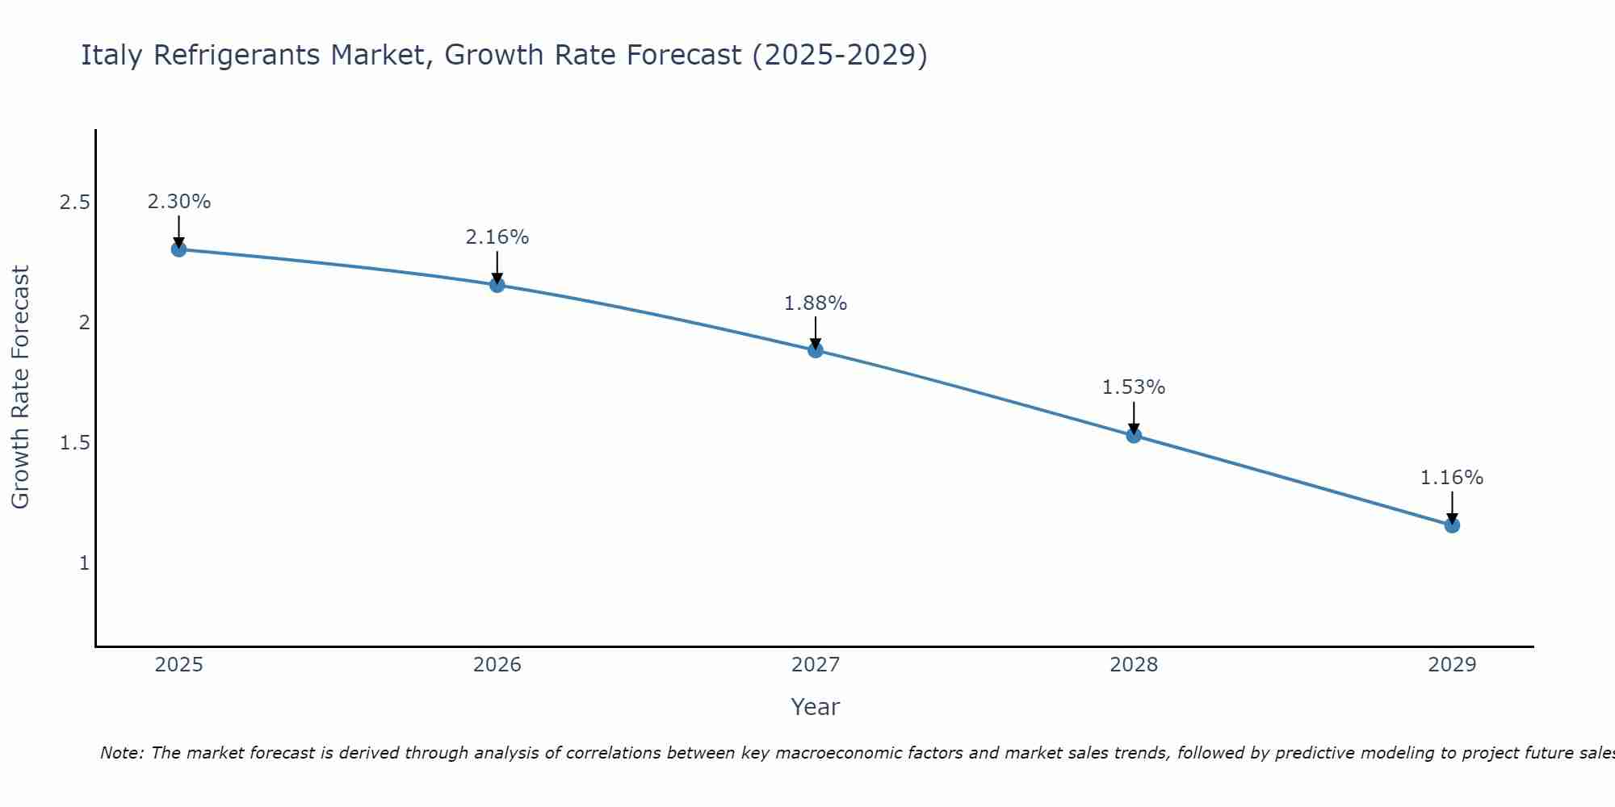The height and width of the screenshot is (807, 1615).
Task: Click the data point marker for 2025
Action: [x=178, y=249]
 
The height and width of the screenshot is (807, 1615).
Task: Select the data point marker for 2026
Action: [x=497, y=285]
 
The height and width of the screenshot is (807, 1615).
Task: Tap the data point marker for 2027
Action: [x=816, y=350]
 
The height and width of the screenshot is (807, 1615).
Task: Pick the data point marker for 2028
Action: [x=1134, y=436]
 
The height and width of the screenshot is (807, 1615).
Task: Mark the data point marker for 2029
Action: [x=1452, y=525]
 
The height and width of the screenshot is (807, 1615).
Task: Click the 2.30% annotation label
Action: [x=178, y=202]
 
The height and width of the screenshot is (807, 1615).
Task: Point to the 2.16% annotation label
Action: [x=497, y=237]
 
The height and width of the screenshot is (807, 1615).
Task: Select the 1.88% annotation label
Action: [x=816, y=303]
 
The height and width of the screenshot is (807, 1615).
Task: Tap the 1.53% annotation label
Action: [x=1134, y=387]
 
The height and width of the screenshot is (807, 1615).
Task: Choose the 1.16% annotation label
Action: [x=1452, y=478]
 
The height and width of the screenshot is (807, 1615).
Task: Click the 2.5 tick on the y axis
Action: [x=74, y=203]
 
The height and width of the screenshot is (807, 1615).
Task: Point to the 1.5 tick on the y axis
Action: [x=74, y=443]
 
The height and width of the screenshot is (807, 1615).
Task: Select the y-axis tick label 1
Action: [x=84, y=563]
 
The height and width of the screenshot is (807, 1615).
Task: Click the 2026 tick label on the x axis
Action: [x=497, y=665]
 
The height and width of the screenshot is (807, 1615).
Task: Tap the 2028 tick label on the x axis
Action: [x=1134, y=665]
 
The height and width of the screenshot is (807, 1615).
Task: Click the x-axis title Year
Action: [x=816, y=707]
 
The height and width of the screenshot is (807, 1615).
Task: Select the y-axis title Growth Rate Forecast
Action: [x=20, y=387]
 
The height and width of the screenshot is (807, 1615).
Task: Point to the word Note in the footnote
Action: [x=121, y=753]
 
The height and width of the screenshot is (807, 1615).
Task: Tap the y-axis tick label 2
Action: [x=84, y=323]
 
